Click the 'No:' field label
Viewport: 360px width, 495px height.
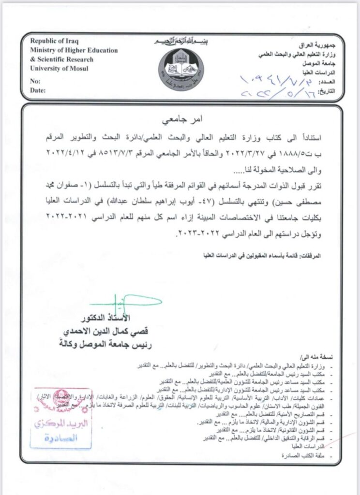[35, 81]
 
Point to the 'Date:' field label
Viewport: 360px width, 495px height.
[37, 90]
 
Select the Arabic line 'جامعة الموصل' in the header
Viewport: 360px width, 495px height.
[318, 63]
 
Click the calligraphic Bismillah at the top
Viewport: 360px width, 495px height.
[180, 42]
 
